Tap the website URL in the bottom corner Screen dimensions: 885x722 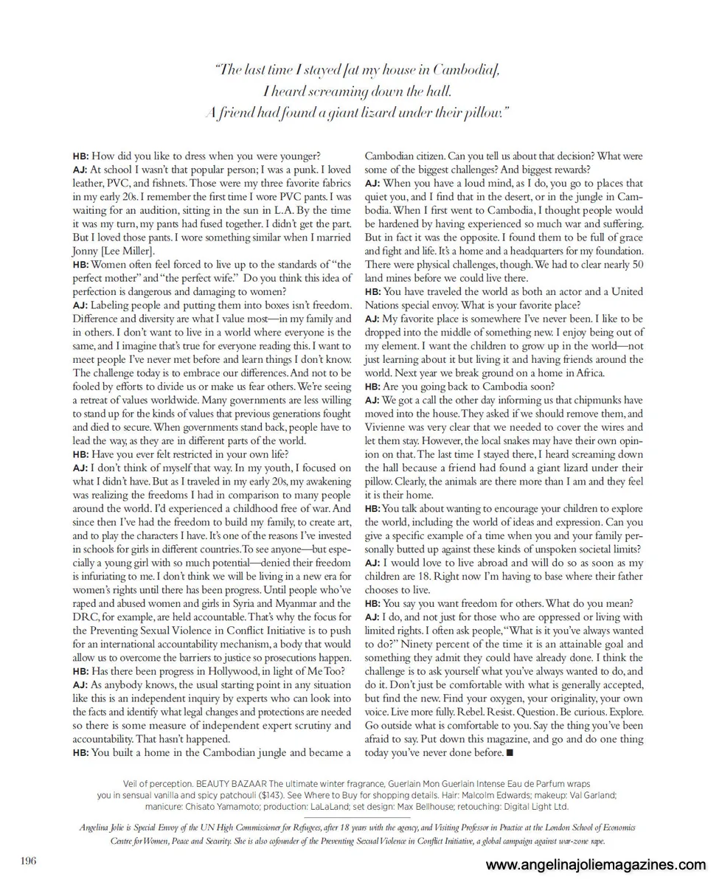(x=596, y=865)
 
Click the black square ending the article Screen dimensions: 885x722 (x=509, y=753)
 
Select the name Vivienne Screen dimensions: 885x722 (x=388, y=428)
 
